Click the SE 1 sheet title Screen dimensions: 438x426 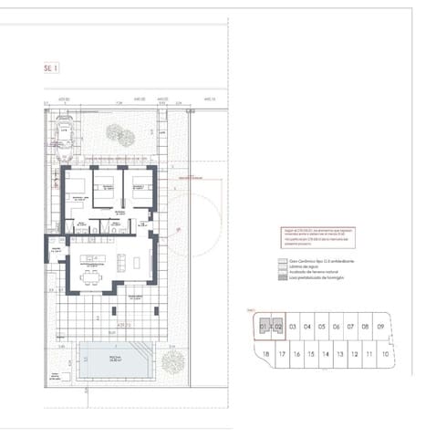coord(50,68)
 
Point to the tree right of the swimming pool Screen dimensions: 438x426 coord(171,363)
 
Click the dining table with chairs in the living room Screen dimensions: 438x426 coord(92,273)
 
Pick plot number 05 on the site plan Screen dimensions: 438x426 coord(322,326)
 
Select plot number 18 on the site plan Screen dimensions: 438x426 coord(265,355)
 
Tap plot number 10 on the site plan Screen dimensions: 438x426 coord(387,354)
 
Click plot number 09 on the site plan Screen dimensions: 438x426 coord(380,326)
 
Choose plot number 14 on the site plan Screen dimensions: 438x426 coord(326,355)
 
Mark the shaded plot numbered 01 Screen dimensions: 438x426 coord(264,326)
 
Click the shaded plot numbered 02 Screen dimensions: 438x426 coord(278,326)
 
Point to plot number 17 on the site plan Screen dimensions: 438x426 coord(282,355)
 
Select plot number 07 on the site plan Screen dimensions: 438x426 coord(351,326)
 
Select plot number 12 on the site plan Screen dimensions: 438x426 coord(355,355)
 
